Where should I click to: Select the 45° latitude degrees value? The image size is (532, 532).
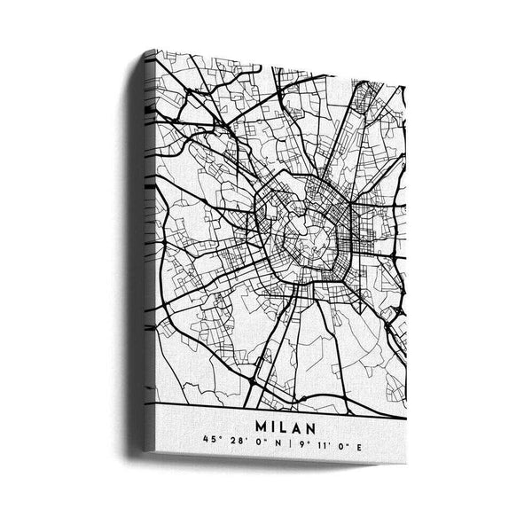pyautogui.click(x=208, y=440)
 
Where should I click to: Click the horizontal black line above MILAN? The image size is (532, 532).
pyautogui.click(x=284, y=407)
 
